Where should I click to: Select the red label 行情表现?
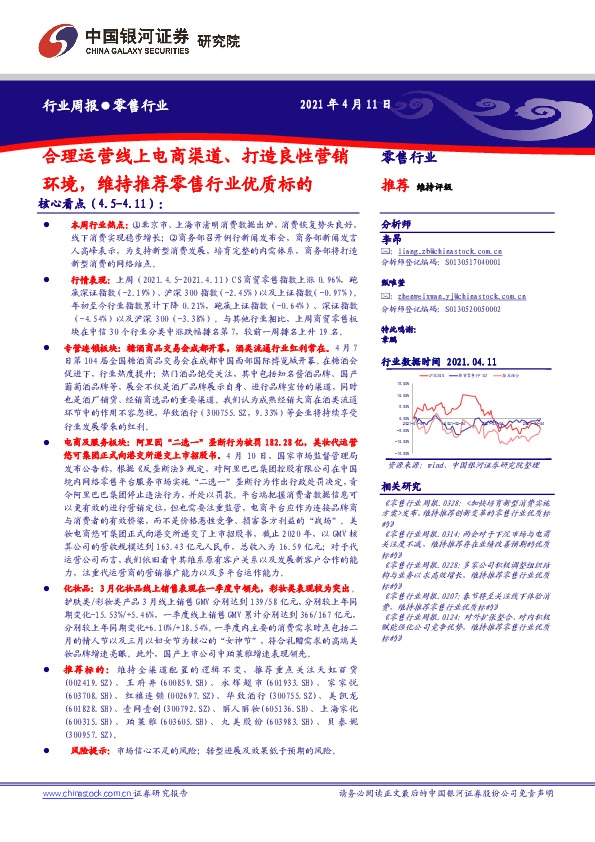(88, 282)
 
